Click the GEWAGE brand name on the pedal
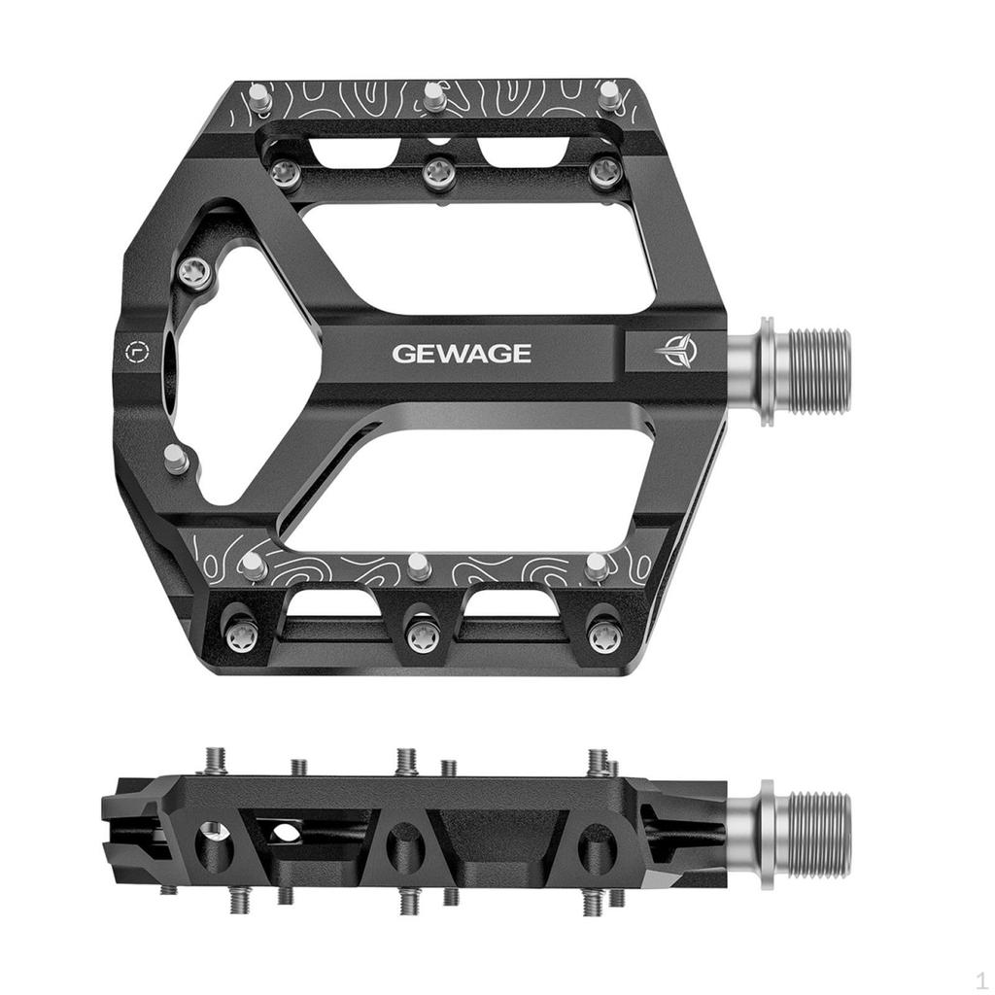coord(462,353)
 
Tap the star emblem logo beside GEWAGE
coord(675,352)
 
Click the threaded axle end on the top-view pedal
coord(816,370)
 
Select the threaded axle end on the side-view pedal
coord(816,834)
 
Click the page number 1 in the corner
coord(981,979)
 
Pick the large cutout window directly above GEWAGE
coord(476,257)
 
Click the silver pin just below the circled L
coord(176,459)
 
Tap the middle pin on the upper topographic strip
coord(434,96)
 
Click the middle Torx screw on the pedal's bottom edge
coord(422,636)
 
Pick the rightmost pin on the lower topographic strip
coord(597,566)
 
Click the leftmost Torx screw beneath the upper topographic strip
coord(284,174)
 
